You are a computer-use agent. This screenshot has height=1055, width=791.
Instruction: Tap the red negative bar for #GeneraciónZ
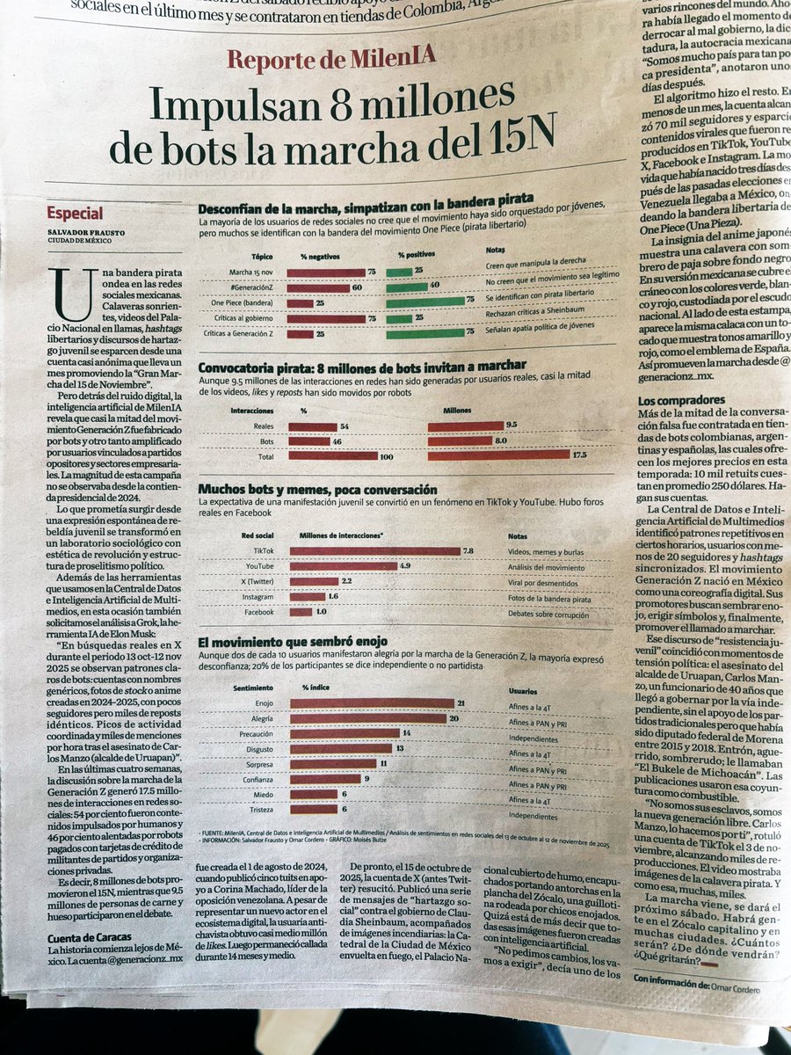pyautogui.click(x=318, y=287)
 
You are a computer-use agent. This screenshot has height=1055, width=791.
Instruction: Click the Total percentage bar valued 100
pyautogui.click(x=331, y=455)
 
